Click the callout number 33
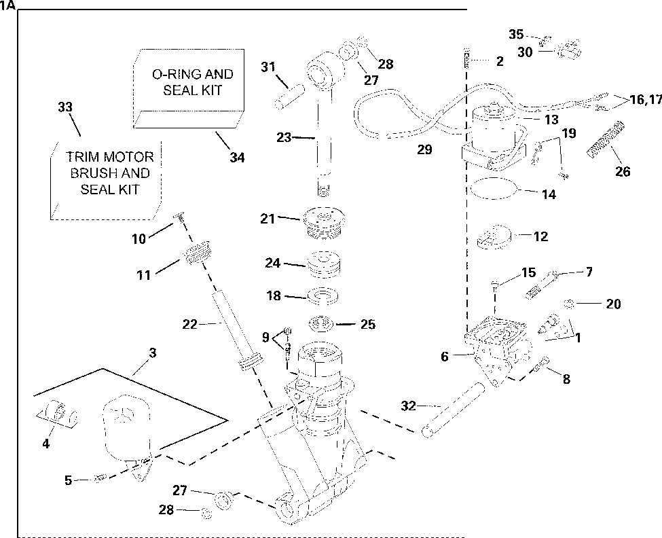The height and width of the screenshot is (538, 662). (65, 107)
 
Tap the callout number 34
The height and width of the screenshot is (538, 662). (237, 158)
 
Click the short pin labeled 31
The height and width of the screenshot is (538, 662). (290, 96)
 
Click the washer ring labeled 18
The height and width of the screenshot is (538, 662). (323, 295)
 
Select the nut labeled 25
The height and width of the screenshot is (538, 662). (322, 324)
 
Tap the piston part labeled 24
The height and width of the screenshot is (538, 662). (324, 264)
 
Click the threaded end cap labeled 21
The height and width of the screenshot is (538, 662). (324, 223)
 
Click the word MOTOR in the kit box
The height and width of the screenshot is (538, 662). (128, 157)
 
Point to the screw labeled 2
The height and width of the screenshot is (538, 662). (467, 58)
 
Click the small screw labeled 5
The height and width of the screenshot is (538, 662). (100, 478)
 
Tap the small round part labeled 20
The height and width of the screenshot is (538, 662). (569, 303)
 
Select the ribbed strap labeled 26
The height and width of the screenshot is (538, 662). (606, 139)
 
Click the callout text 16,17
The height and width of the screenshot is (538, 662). (646, 100)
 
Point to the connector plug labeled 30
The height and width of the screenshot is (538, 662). (570, 50)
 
